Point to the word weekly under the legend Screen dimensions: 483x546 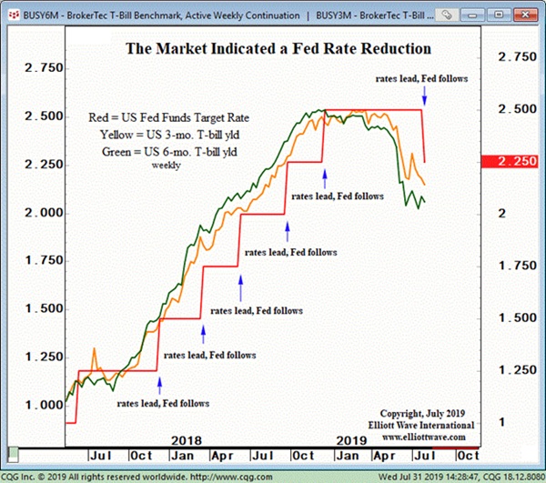point(166,166)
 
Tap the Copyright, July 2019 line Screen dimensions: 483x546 point(430,413)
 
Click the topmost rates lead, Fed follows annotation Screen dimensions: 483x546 point(421,78)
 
